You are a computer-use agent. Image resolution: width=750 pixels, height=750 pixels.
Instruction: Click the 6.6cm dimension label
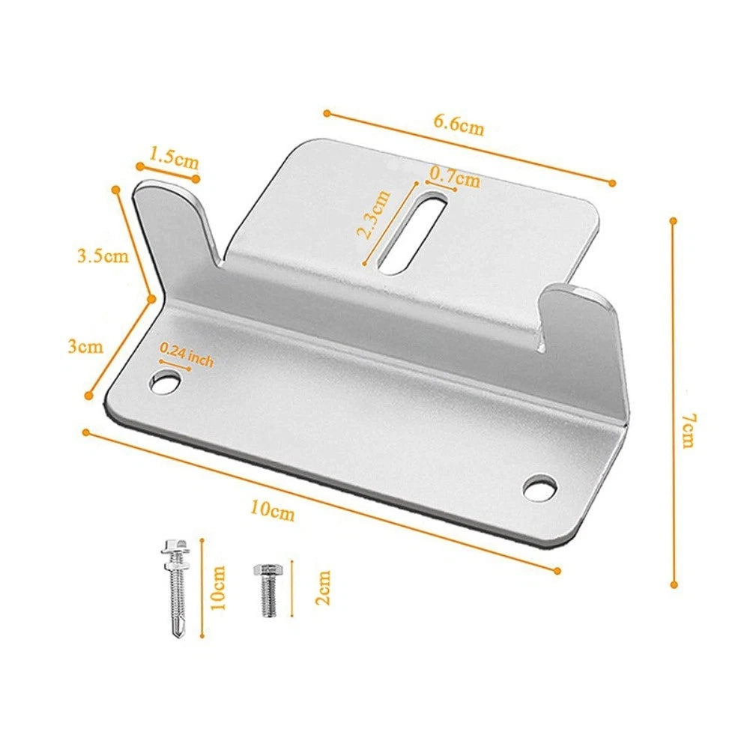click(x=459, y=125)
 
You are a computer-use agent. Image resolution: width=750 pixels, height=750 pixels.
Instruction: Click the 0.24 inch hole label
click(x=187, y=354)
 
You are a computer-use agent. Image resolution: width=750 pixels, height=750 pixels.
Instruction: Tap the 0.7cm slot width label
click(x=455, y=180)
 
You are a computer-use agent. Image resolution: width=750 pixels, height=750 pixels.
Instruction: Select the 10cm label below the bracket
click(x=272, y=511)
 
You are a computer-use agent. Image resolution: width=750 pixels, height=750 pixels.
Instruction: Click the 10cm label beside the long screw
click(x=218, y=587)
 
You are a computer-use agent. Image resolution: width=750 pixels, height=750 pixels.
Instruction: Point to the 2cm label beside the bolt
click(x=323, y=588)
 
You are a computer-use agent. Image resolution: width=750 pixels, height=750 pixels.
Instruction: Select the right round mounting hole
click(x=540, y=488)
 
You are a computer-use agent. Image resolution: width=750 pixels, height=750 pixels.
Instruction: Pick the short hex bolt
click(x=267, y=589)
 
